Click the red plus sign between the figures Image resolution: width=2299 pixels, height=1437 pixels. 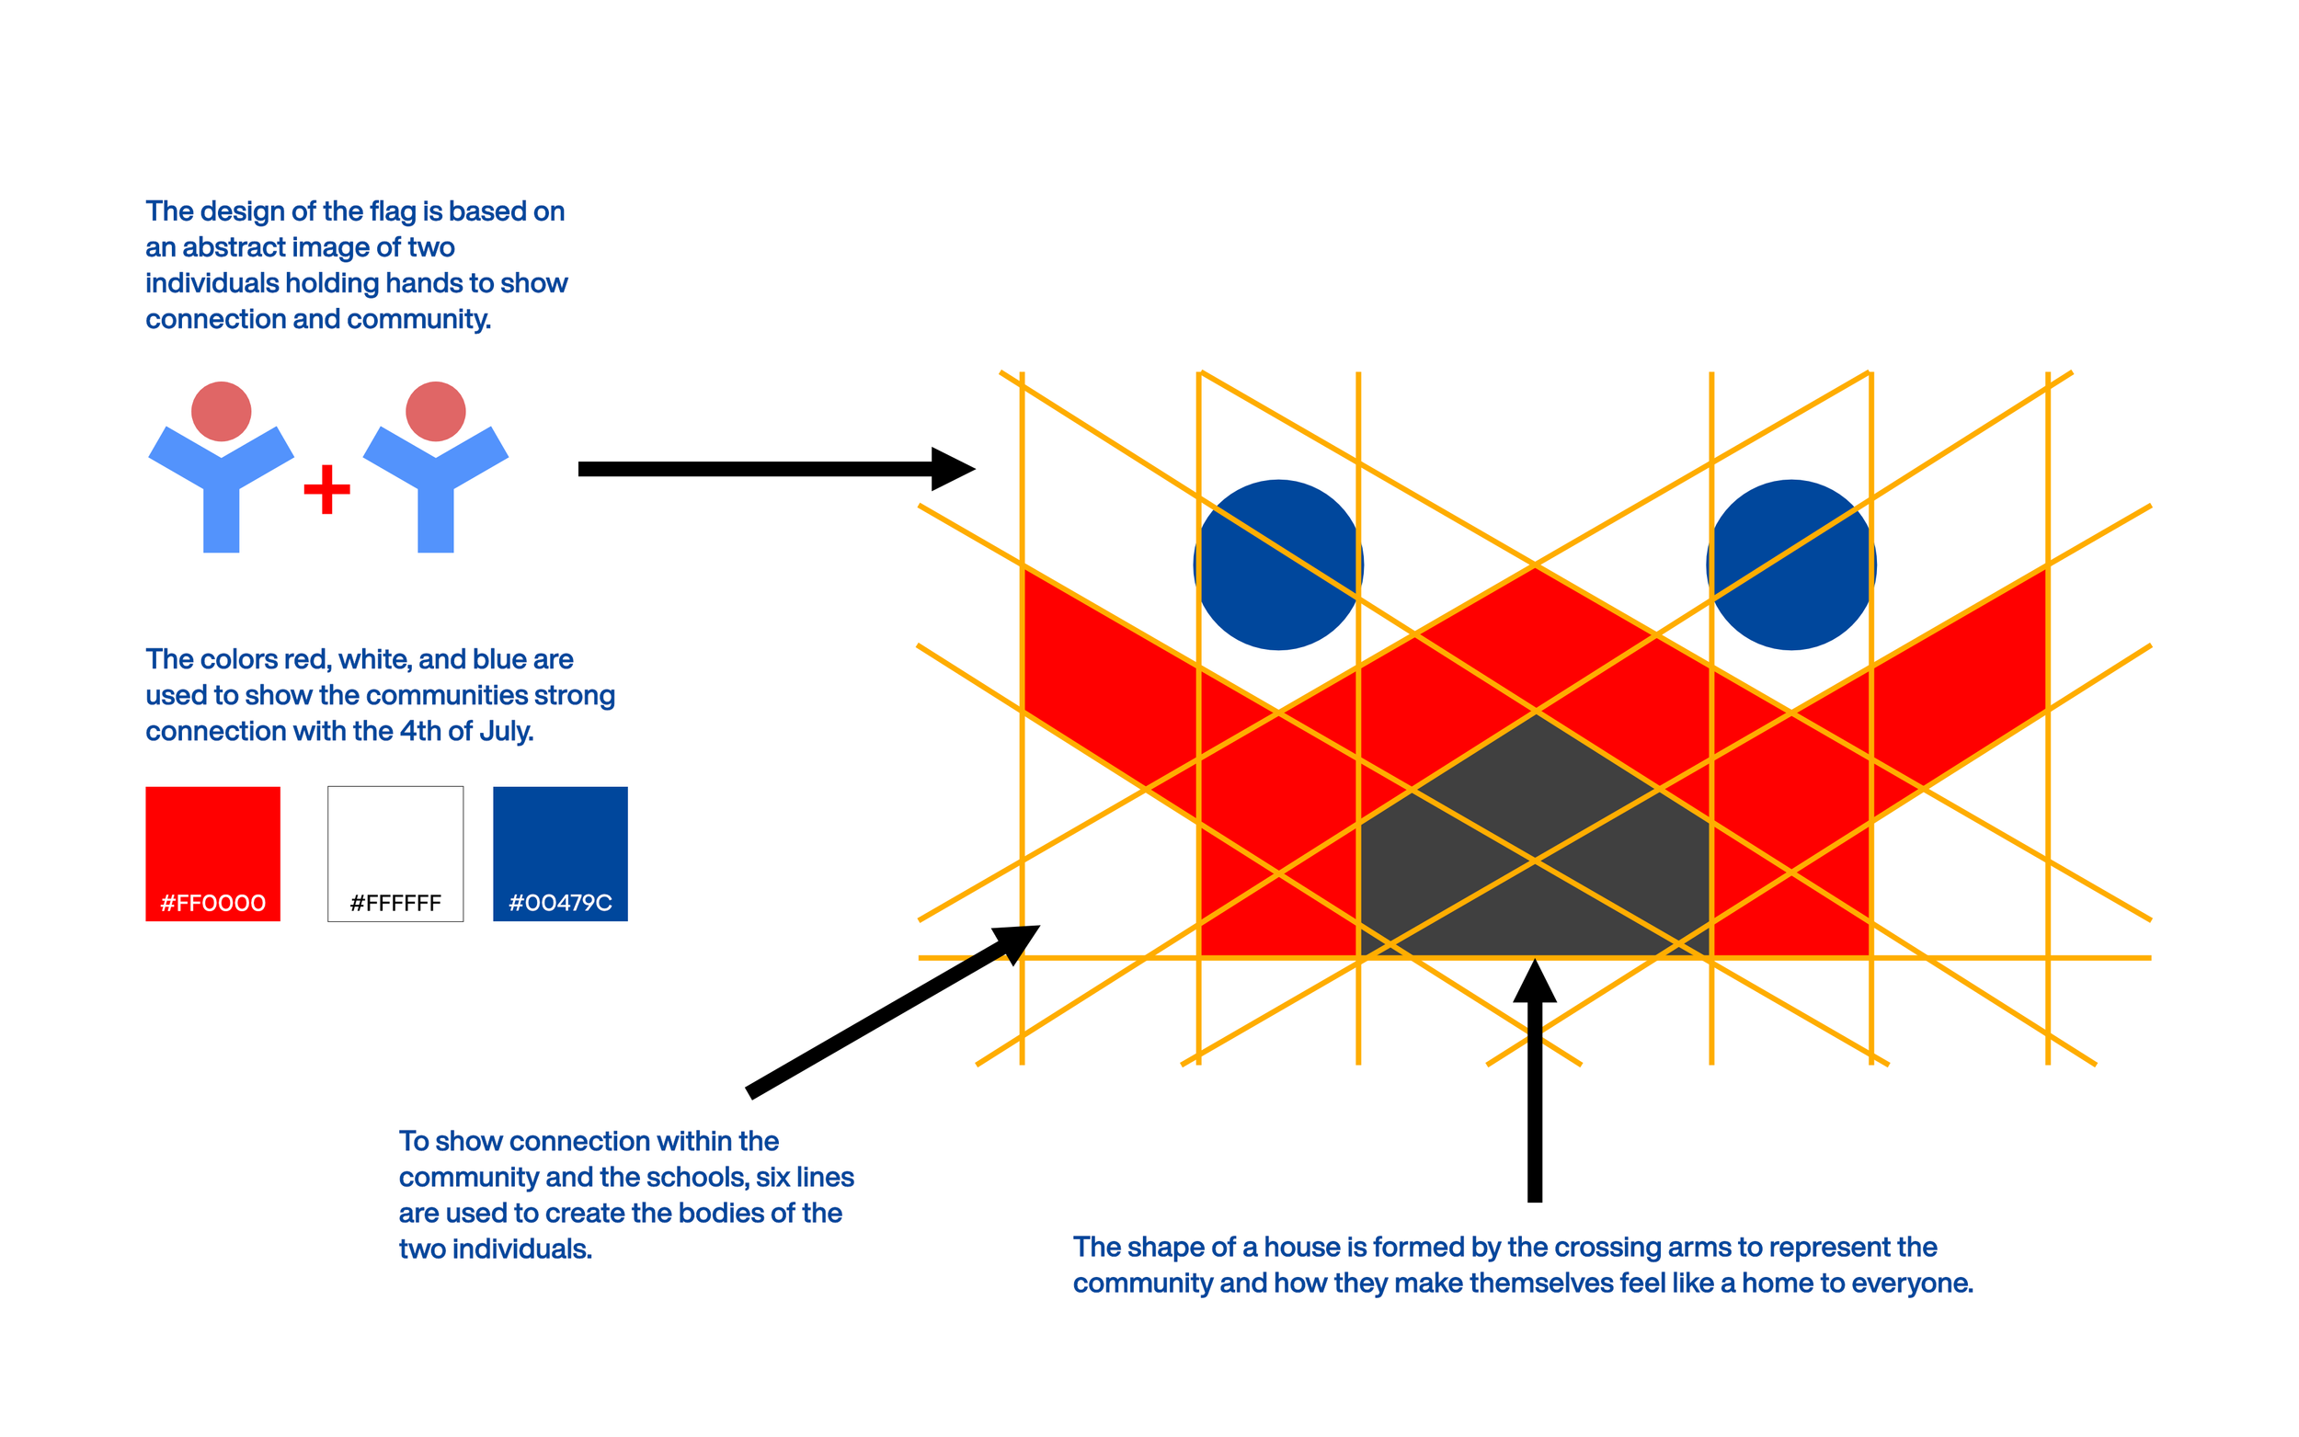tap(327, 489)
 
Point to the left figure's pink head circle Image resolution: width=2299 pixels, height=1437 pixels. tap(222, 412)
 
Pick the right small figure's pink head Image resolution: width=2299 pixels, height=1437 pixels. tap(435, 412)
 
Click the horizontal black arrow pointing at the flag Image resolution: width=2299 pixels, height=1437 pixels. tap(761, 469)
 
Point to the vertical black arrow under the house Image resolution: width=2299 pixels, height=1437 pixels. tap(1535, 1093)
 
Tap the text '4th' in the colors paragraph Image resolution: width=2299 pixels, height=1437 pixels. tap(420, 731)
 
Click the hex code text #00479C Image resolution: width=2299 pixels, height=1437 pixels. tap(560, 903)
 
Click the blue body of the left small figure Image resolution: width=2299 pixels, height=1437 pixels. tap(222, 495)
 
